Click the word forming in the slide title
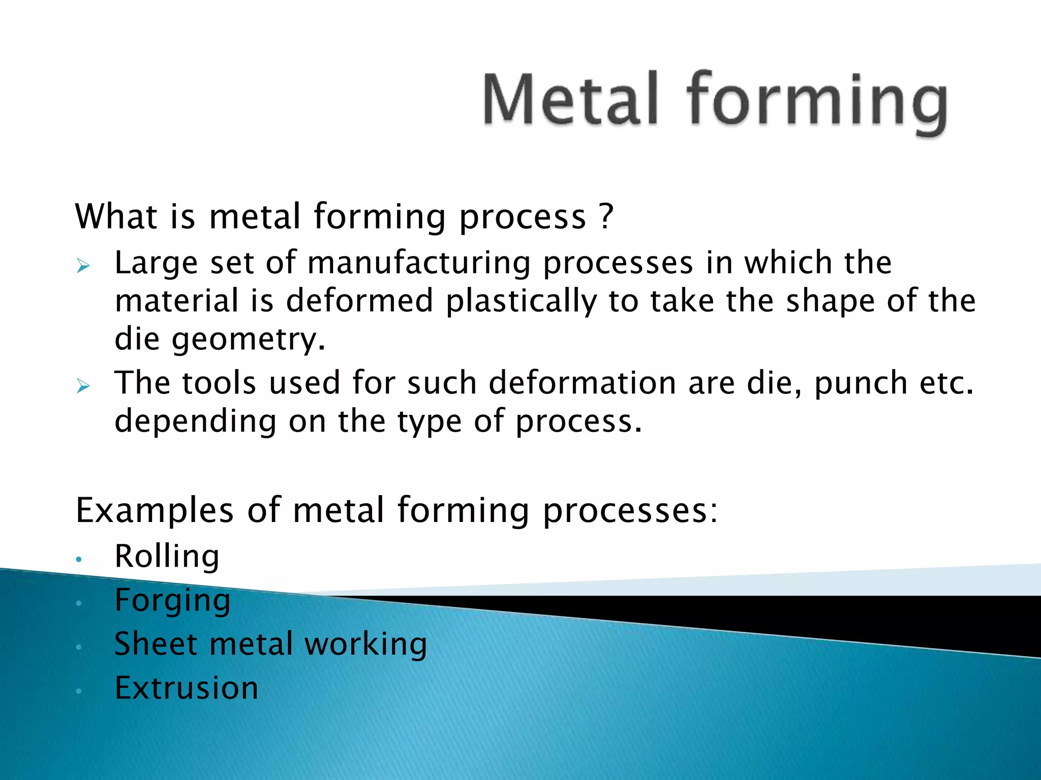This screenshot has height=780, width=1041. pos(816,102)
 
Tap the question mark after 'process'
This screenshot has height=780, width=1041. pos(606,216)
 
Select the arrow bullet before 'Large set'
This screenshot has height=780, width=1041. pos(83,265)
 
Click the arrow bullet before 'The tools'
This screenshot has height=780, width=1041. pos(83,385)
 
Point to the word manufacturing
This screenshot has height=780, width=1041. pos(419,263)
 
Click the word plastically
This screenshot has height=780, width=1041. pos(521,301)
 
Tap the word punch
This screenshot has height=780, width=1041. pos(861,383)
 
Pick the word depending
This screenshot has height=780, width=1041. pos(195,421)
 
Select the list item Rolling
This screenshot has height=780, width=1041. pos(167,556)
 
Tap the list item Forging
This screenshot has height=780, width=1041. pos(172,601)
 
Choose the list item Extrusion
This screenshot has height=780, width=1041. pos(187,688)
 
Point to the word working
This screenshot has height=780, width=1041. pos(365,644)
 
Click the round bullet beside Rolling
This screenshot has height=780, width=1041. pos(78,559)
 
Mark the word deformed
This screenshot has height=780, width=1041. pos(359,301)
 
